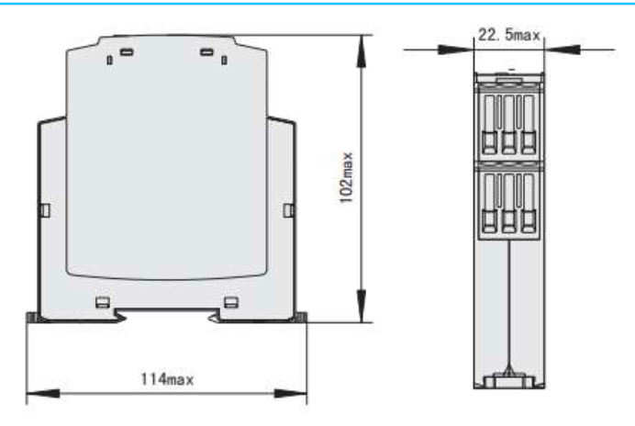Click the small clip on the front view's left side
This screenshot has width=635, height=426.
pyautogui.click(x=45, y=211)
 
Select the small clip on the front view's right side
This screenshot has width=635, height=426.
pyautogui.click(x=288, y=211)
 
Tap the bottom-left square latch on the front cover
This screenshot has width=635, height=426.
pyautogui.click(x=104, y=300)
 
